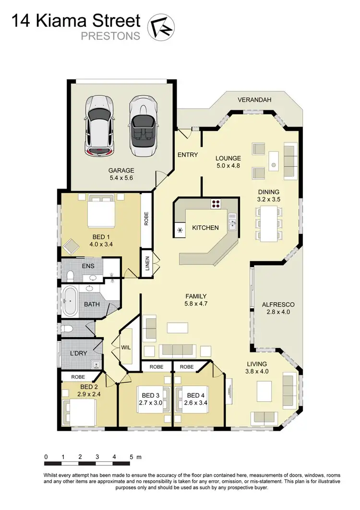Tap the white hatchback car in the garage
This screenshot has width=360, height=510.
(99, 125)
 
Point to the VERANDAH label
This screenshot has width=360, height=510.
(254, 100)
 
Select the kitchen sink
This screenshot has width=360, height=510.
(233, 222)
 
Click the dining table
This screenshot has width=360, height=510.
(269, 223)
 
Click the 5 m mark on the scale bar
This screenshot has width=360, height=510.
(131, 457)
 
